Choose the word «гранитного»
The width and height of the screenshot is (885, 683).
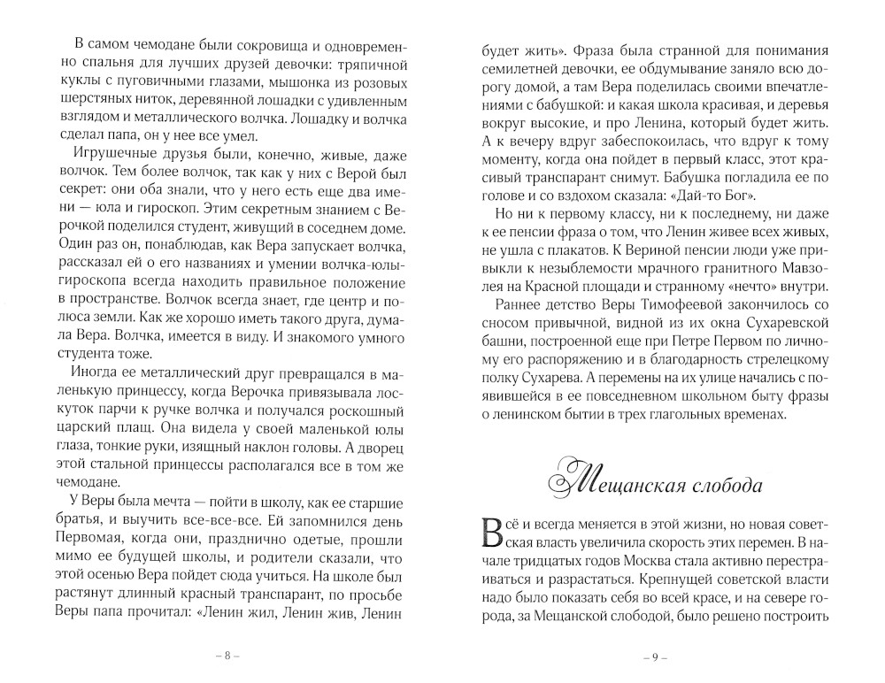click(733, 274)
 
